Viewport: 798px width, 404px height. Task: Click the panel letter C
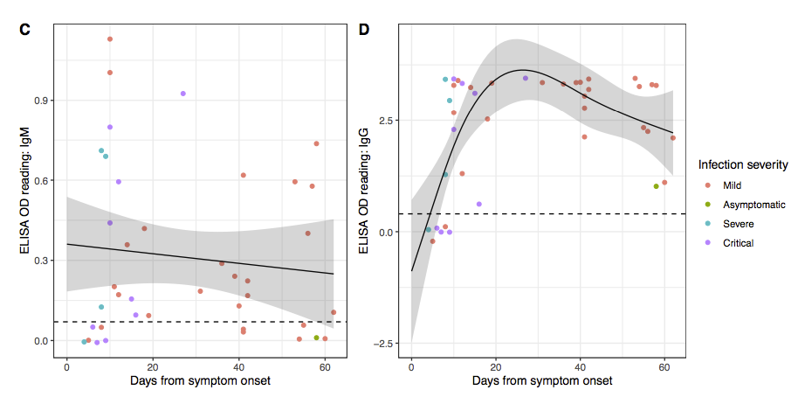pos(25,30)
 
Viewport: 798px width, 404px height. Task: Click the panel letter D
pos(364,30)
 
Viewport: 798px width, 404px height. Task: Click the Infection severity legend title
pos(743,165)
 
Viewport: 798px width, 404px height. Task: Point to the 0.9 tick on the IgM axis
pos(41,101)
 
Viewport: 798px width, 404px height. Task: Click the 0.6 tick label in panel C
pos(41,180)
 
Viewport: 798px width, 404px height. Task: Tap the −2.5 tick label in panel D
pos(383,344)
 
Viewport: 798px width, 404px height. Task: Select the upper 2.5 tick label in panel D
pos(386,120)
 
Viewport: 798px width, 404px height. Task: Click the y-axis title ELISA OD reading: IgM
pos(25,191)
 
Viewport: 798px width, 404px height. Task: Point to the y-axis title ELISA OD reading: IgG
pos(364,191)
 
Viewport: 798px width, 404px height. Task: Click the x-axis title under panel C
pos(200,380)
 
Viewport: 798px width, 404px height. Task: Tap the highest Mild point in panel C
pos(109,39)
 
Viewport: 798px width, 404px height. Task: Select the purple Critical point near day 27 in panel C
pos(182,94)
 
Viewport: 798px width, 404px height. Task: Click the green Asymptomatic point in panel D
pos(656,186)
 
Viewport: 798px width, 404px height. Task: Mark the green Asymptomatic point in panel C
pos(317,338)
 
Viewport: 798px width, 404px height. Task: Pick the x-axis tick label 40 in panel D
pos(581,367)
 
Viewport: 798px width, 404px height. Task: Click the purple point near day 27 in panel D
pos(526,79)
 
